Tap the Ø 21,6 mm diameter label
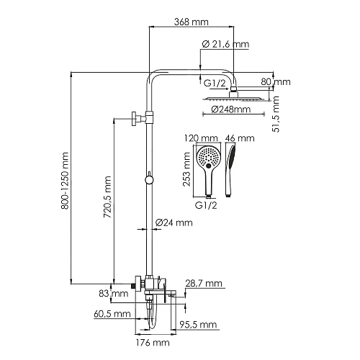tap(225, 45)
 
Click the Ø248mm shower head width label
tap(231, 110)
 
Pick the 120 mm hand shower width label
tap(203, 138)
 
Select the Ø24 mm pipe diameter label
tap(175, 222)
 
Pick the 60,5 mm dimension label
tap(112, 314)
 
